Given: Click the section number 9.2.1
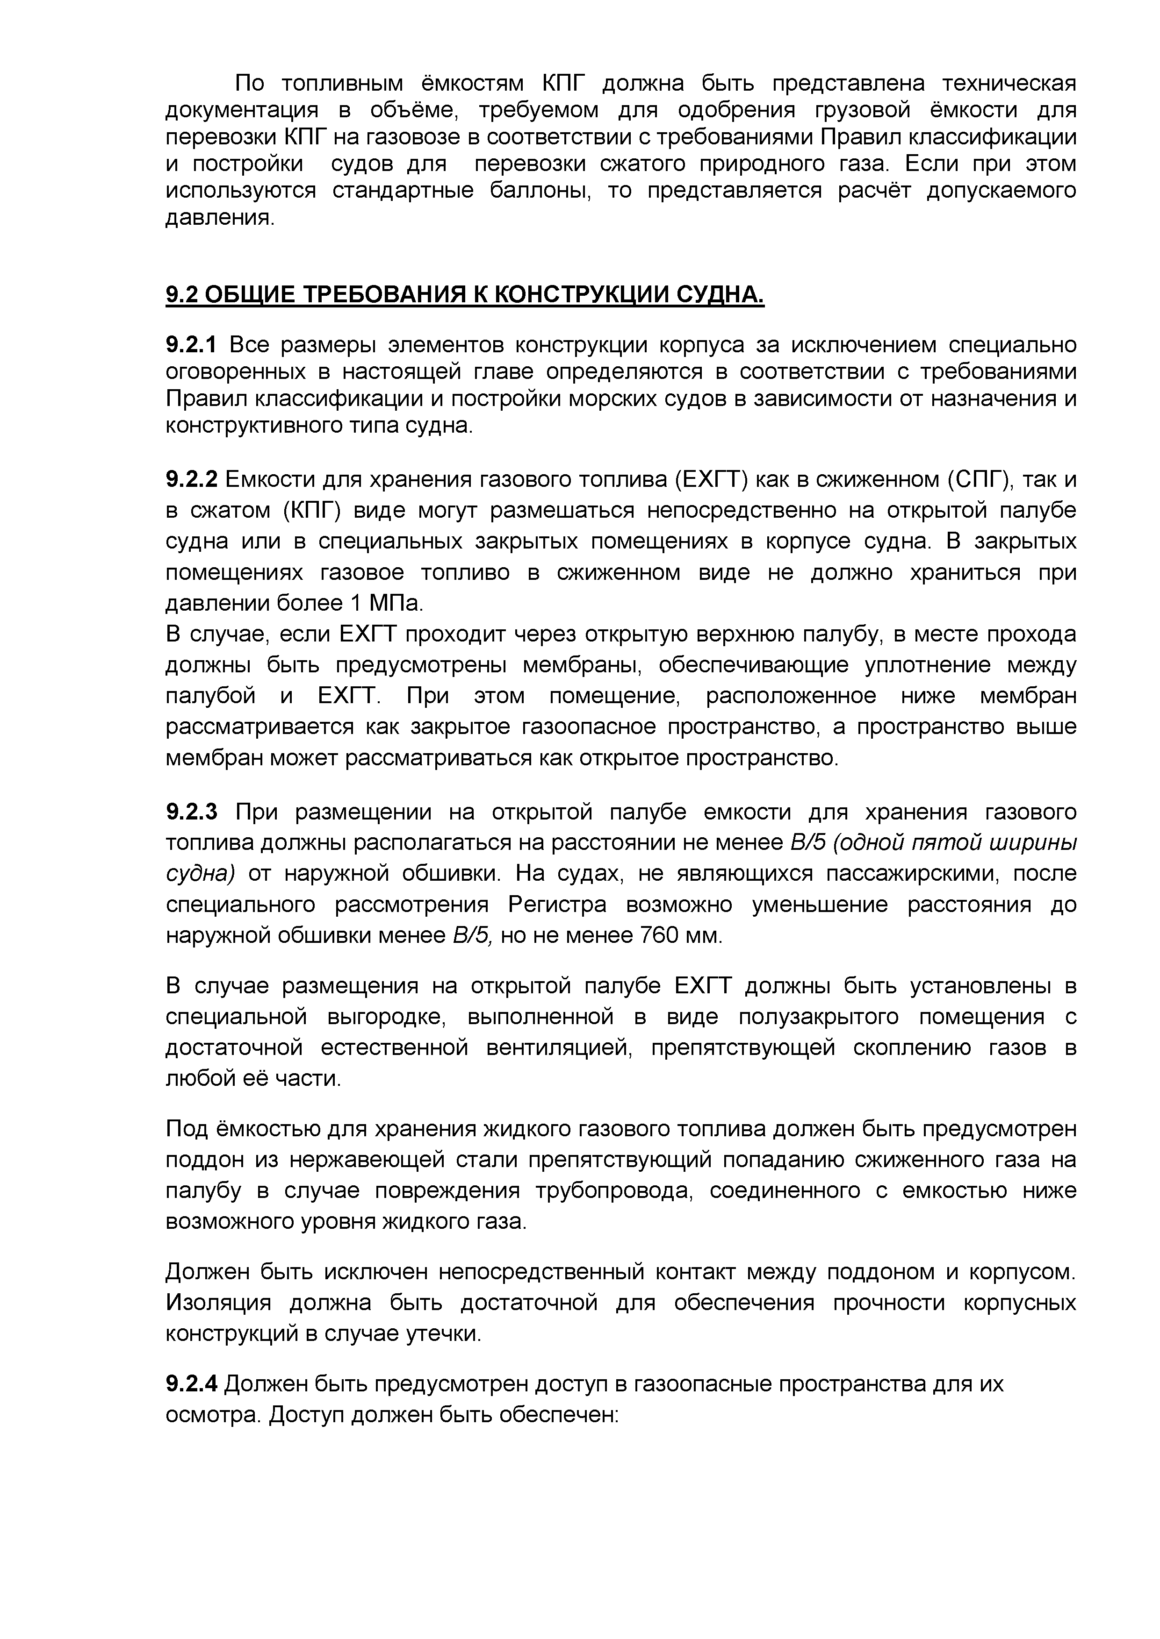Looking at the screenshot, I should (190, 345).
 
